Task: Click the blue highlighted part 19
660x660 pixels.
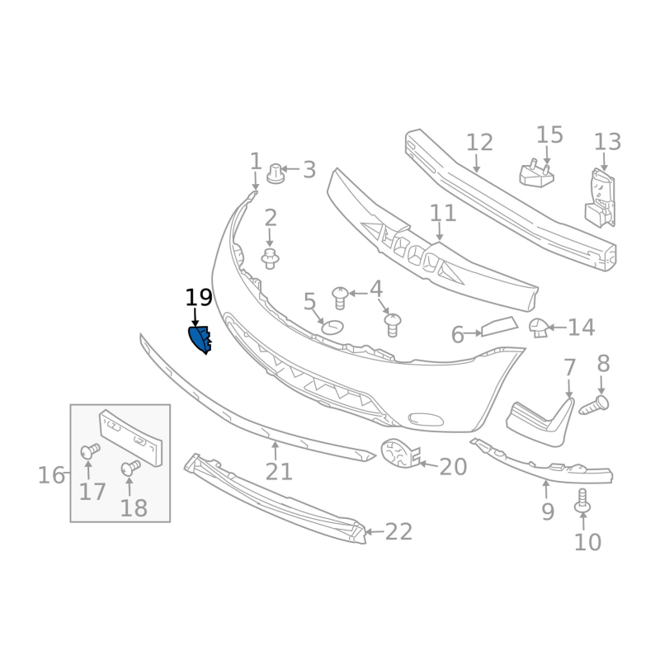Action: click(x=199, y=339)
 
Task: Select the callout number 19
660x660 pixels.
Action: click(x=199, y=298)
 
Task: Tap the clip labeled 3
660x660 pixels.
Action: click(x=276, y=173)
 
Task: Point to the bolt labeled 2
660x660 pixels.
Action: click(x=271, y=258)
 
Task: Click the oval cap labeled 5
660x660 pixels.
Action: click(x=332, y=327)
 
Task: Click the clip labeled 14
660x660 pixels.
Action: click(x=539, y=328)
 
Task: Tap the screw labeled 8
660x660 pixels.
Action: click(x=593, y=405)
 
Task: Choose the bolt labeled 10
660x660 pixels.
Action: click(x=582, y=501)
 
